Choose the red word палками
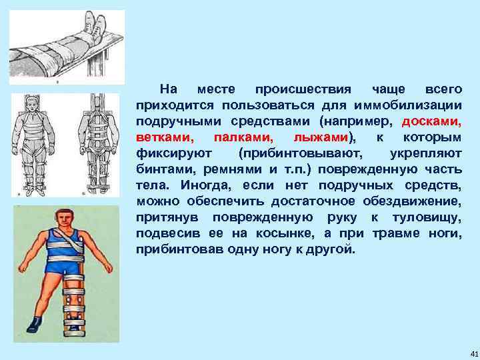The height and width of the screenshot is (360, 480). tap(243, 137)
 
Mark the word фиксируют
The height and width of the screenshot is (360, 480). tap(165, 153)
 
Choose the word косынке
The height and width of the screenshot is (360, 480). tap(281, 233)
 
